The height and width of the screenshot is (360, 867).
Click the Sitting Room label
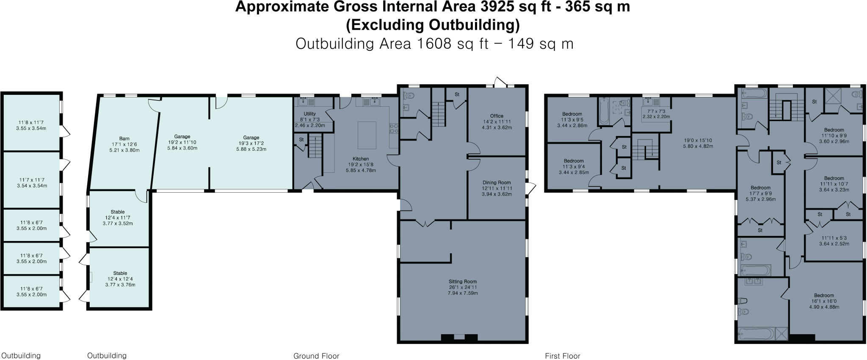tap(463, 281)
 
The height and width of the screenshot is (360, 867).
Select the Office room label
tap(497, 116)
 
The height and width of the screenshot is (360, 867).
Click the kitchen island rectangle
tap(367, 135)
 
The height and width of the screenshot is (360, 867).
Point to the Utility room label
tap(309, 114)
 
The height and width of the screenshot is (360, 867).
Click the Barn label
tap(124, 138)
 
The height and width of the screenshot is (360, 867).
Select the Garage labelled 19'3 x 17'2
tap(251, 138)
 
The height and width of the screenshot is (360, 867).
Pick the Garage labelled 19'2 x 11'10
tap(182, 137)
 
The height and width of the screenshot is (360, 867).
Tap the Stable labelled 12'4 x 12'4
tap(120, 273)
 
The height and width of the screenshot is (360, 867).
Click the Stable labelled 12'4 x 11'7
tap(118, 212)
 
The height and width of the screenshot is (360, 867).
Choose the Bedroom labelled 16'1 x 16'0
tap(823, 296)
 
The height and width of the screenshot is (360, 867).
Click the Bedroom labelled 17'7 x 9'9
tap(760, 188)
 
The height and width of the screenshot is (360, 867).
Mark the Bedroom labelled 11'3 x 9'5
tap(572, 114)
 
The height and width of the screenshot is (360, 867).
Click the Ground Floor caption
tap(316, 356)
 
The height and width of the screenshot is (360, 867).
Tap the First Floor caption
tap(562, 356)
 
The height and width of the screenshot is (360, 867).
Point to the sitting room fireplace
tap(460, 338)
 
